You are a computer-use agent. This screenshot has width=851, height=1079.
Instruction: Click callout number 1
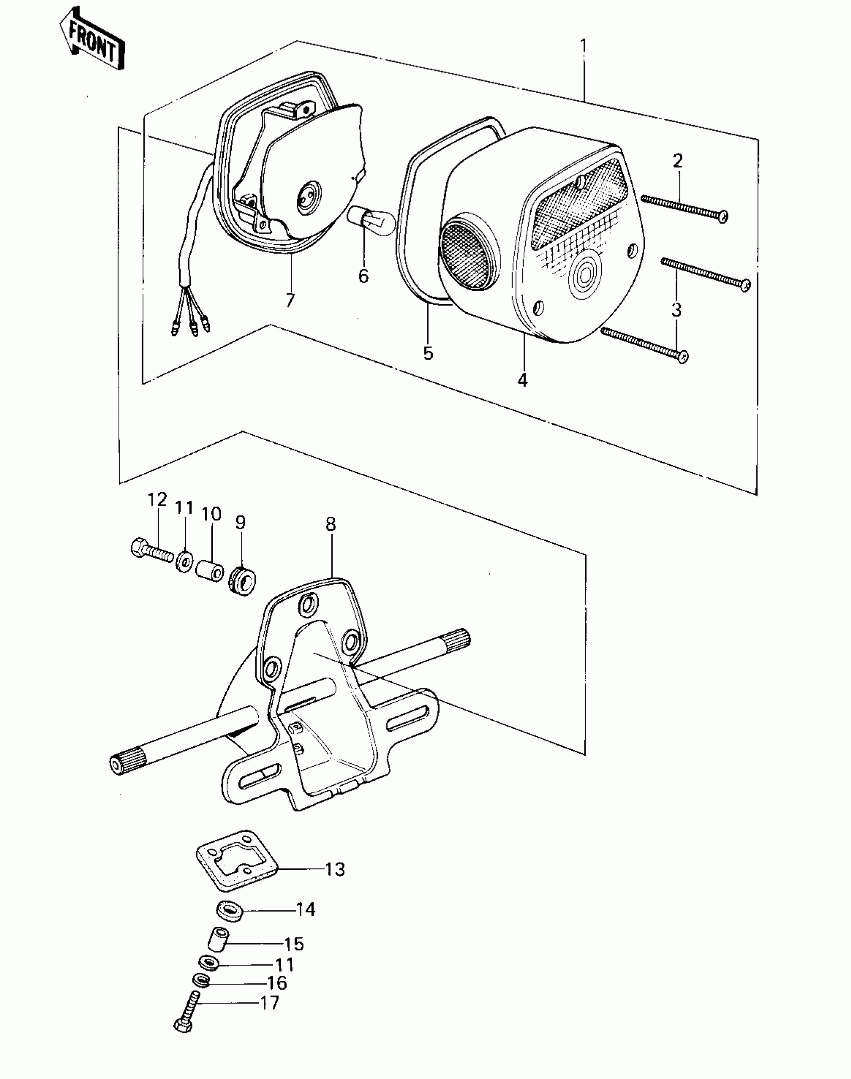point(583,47)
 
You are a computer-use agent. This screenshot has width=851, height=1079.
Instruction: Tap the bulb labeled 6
point(370,221)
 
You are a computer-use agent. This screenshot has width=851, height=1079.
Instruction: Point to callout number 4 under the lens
point(522,380)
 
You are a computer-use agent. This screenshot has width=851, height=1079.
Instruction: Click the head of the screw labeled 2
point(722,216)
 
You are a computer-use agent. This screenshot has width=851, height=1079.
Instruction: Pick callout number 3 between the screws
point(676,310)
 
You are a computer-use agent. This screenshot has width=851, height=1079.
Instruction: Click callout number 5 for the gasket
point(428,353)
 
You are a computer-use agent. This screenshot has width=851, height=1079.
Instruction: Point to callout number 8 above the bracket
point(330,524)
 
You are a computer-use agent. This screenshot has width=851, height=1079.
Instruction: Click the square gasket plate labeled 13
point(235,866)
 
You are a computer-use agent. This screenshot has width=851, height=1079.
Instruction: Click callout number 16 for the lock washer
point(276,983)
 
